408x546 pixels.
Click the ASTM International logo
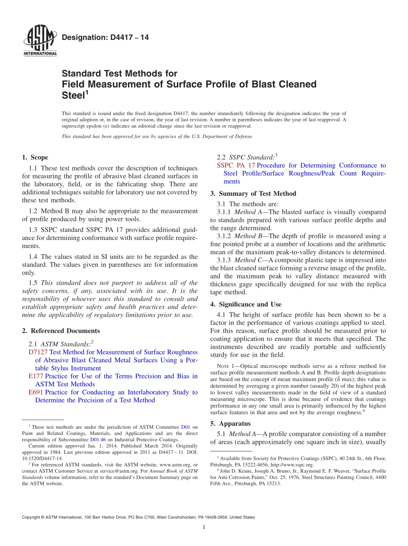click(40, 41)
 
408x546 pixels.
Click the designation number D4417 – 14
click(105, 38)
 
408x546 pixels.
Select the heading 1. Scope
click(35, 158)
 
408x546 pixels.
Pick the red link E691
click(36, 392)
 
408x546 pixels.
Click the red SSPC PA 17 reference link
click(236, 166)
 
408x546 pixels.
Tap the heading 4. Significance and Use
click(246, 304)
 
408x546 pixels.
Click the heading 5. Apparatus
click(230, 424)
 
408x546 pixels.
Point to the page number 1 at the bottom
click(204, 527)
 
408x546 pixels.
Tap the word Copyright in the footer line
click(32, 517)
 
